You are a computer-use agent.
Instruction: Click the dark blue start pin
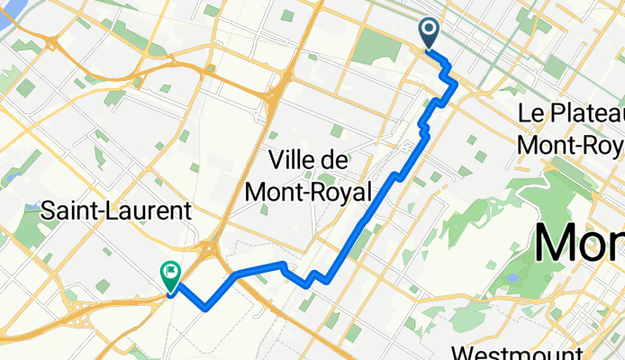429,34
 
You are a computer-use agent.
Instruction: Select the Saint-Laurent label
116,212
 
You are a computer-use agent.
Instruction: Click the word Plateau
585,114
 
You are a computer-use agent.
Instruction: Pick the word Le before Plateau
531,114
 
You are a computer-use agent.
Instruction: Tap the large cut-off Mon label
579,241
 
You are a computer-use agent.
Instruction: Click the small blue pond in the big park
512,278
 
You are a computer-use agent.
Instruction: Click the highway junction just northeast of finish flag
214,247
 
